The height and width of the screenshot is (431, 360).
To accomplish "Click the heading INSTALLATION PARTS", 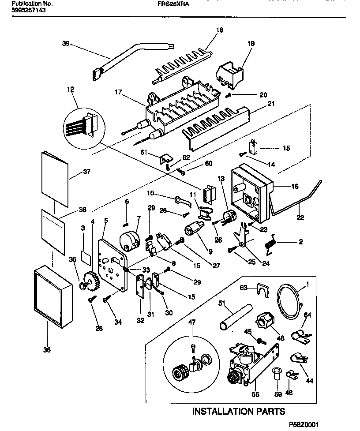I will tap(238, 412).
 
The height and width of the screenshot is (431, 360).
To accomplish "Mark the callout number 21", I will tap(271, 104).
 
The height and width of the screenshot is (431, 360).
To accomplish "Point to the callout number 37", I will tap(86, 172).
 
